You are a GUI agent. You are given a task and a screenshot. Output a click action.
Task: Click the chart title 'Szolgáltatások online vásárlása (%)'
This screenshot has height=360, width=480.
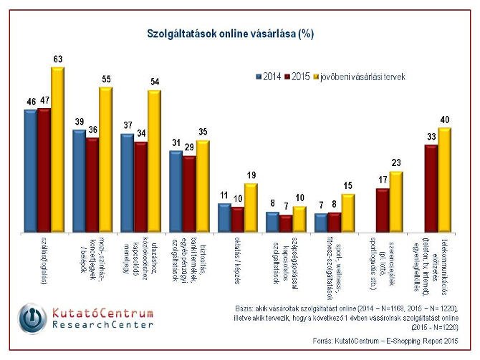point(230,34)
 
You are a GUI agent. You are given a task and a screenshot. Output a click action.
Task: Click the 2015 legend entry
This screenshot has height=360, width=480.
point(298,75)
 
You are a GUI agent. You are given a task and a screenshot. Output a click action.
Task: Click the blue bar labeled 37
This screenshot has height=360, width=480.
point(128,182)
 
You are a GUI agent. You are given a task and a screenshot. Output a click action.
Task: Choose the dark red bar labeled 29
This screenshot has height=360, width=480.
point(189,193)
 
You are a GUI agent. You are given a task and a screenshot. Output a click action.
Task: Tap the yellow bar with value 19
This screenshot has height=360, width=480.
point(250,207)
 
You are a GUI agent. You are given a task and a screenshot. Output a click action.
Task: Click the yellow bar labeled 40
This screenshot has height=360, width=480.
point(444,179)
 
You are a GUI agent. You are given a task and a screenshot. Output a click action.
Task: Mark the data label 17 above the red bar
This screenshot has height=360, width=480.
point(383,180)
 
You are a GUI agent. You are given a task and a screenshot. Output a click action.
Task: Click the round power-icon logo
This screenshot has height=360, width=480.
point(33,319)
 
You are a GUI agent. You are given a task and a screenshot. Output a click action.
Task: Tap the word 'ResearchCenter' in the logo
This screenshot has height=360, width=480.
point(103,325)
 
